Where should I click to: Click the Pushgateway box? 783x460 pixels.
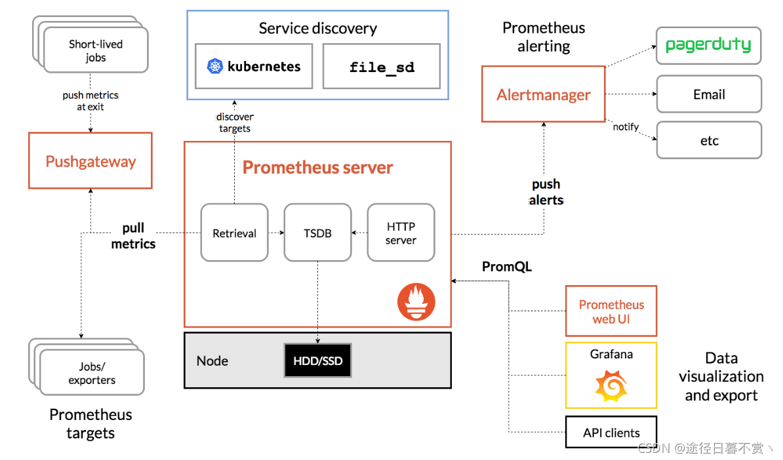(90, 161)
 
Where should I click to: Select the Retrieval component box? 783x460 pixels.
(234, 233)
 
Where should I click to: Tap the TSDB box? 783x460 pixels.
(317, 233)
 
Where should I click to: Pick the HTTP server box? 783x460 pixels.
(401, 233)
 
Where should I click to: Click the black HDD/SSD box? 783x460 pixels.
(317, 360)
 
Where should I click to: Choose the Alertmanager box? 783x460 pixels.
(543, 94)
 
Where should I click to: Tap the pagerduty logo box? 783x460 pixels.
(709, 45)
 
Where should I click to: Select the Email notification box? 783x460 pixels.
(709, 94)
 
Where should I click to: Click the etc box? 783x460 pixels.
(709, 140)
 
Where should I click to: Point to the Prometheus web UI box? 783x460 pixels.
(611, 311)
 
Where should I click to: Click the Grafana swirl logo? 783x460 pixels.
(611, 386)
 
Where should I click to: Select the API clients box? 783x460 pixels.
(611, 432)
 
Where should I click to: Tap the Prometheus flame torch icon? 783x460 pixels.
(416, 302)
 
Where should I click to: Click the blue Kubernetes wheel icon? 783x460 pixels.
(214, 66)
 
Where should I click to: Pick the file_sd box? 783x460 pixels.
(382, 66)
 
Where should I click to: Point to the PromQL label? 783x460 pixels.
(507, 267)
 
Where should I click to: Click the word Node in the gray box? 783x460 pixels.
(212, 360)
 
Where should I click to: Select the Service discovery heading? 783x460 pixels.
(317, 28)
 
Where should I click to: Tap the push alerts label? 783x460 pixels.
(546, 192)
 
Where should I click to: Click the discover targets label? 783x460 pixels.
(235, 123)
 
